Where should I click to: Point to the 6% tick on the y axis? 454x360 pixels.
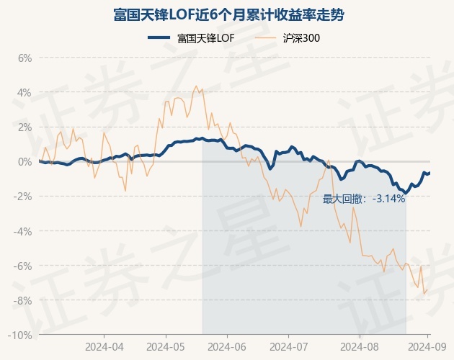(x=25, y=58)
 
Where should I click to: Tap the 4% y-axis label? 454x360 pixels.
(x=25, y=92)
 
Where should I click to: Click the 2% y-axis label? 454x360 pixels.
(x=25, y=127)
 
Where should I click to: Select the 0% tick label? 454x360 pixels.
(x=25, y=161)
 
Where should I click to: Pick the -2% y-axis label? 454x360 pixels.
(x=23, y=197)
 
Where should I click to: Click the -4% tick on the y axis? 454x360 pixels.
(x=23, y=231)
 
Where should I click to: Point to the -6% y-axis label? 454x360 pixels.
(x=23, y=266)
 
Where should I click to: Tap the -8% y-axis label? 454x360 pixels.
(x=23, y=300)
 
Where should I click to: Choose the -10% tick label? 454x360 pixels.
(x=20, y=335)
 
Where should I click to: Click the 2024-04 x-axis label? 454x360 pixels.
(x=105, y=347)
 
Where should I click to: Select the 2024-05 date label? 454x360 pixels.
(x=166, y=347)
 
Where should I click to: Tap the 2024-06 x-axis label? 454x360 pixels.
(x=227, y=347)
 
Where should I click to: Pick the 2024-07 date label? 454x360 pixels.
(x=288, y=347)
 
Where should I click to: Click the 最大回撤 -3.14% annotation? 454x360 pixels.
(x=364, y=199)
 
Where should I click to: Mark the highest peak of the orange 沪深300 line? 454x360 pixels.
(x=197, y=86)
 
